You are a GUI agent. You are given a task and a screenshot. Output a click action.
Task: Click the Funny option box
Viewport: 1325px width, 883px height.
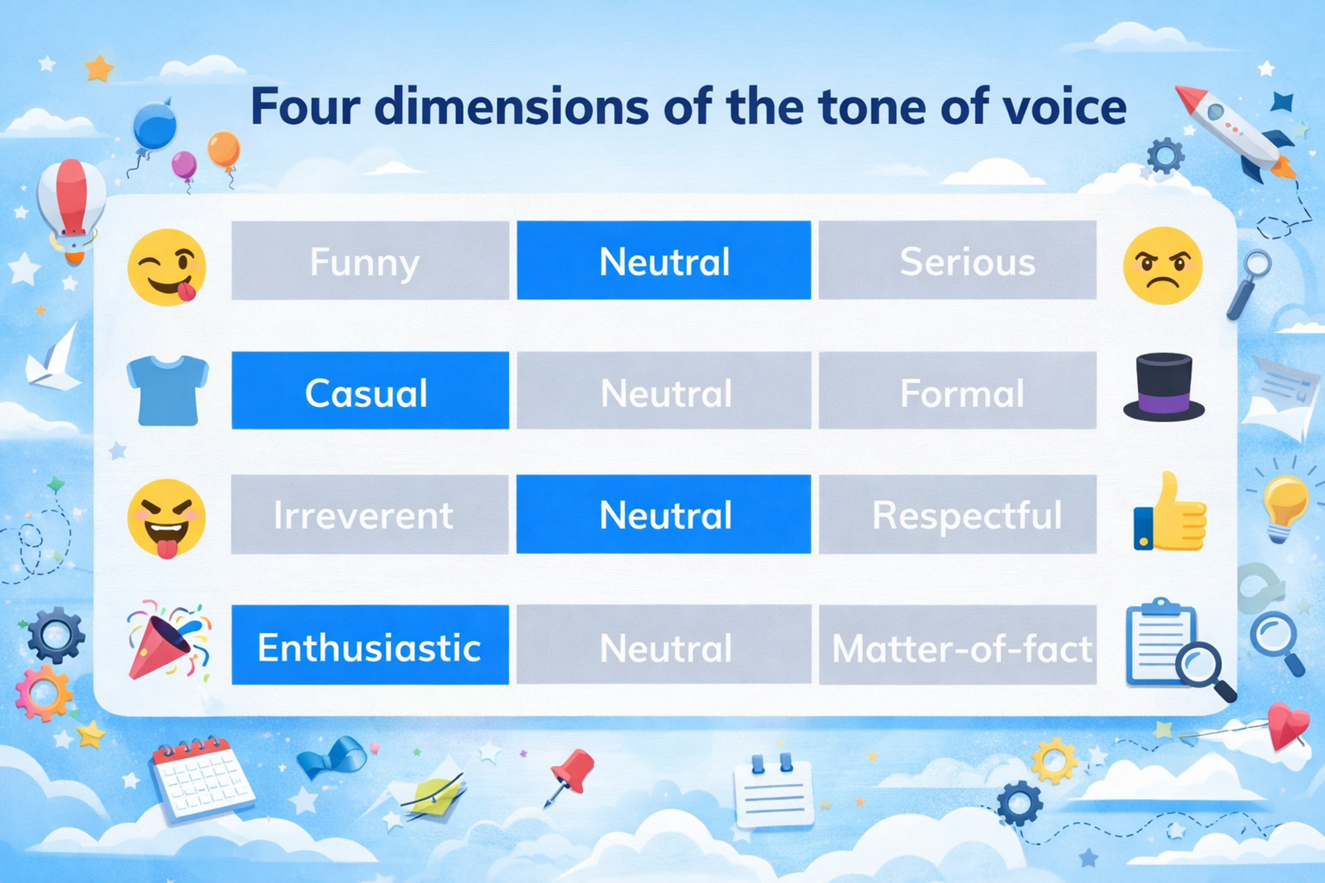pyautogui.click(x=370, y=260)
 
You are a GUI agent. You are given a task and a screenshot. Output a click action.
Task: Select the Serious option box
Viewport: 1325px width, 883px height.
pyautogui.click(x=957, y=260)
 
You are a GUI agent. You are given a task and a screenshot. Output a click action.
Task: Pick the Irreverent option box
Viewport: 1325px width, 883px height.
pyautogui.click(x=370, y=514)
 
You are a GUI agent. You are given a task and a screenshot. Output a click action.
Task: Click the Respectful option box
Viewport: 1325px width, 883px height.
pyautogui.click(x=957, y=514)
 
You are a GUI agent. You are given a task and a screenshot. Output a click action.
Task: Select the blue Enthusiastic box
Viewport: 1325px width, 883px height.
pyautogui.click(x=370, y=645)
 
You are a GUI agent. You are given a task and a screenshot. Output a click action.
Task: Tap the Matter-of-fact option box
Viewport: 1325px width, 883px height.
pyautogui.click(x=957, y=645)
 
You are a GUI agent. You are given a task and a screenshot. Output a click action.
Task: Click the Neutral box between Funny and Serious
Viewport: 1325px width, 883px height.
pyautogui.click(x=664, y=260)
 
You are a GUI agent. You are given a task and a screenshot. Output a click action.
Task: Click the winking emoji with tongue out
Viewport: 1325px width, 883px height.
pyautogui.click(x=166, y=267)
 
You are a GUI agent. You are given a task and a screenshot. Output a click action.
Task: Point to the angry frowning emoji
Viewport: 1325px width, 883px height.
pyautogui.click(x=1162, y=266)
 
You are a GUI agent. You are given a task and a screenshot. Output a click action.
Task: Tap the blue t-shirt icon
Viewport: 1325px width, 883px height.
pyautogui.click(x=167, y=390)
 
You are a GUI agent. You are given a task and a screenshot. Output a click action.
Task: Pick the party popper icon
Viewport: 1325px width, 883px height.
pyautogui.click(x=166, y=642)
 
